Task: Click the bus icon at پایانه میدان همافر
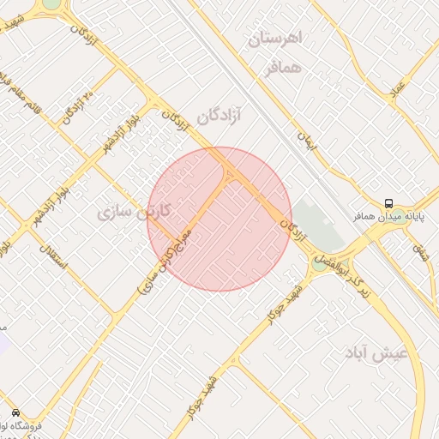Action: [x=389, y=203]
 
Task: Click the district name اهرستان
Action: [x=277, y=39]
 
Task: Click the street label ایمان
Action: [x=307, y=141]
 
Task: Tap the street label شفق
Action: [x=420, y=250]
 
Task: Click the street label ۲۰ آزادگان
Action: [x=75, y=107]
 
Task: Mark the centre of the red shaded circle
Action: [x=219, y=219]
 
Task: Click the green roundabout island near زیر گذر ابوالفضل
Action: [x=320, y=265]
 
